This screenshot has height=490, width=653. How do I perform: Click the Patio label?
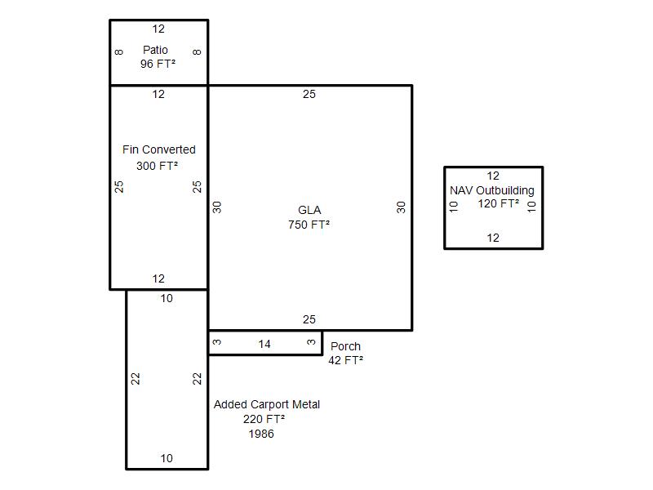pos(155,50)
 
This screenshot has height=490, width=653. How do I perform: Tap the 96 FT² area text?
pos(158,64)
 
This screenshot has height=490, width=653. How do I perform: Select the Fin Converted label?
pos(159,149)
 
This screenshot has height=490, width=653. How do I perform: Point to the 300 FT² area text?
pos(158,166)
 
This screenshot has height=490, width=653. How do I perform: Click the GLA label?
pos(309,210)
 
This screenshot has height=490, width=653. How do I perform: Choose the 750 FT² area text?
pos(309,225)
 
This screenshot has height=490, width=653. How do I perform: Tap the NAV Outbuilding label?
pos(492,190)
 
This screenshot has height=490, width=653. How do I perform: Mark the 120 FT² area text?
pos(499,203)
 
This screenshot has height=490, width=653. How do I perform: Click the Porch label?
pos(345,346)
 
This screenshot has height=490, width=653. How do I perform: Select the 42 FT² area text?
pos(346,360)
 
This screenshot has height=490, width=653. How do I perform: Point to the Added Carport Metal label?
pos(267,404)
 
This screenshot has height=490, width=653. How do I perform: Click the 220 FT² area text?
pos(264,419)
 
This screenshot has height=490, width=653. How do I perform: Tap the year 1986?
pos(261,434)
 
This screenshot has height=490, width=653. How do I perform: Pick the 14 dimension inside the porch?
pos(264,345)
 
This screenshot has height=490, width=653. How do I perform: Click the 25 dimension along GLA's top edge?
pos(309,95)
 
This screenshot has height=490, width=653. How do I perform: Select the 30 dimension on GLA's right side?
pos(401,207)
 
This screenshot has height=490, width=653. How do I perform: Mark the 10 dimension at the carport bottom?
pos(167,458)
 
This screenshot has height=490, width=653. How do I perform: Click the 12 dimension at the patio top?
pos(158,29)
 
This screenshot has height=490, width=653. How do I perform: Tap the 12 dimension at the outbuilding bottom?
pos(493,238)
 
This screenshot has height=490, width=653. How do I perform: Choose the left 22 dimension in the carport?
pos(136,379)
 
